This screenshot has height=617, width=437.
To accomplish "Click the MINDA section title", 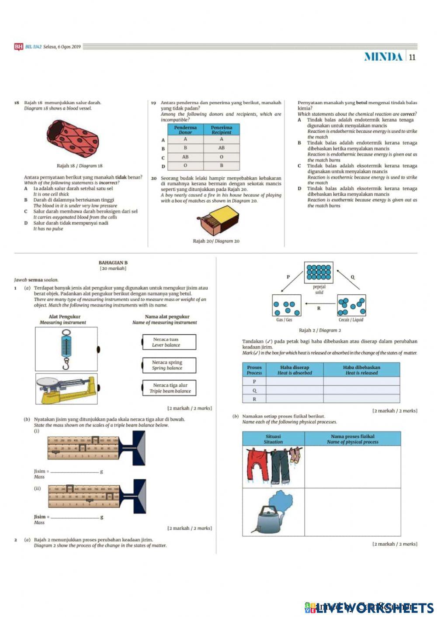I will pos(383,57).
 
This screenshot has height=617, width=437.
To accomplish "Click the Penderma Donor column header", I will pos(185,129).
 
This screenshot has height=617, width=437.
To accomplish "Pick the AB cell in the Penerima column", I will pos(222,148).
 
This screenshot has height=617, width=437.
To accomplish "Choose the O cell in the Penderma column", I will pos(185,166).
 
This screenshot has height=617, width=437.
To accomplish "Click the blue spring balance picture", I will pos(66,349).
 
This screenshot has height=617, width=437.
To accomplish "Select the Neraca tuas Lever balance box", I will pos(169,342).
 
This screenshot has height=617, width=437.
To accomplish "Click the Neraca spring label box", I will pos(169,365).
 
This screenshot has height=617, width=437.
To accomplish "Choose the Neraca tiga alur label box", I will pos(169,388).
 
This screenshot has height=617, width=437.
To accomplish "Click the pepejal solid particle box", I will pos(319,273).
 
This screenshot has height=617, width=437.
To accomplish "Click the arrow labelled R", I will pos(319,301).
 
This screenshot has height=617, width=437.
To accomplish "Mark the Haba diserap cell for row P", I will pos(295,381).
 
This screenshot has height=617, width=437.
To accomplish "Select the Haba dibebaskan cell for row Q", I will pos(361,390).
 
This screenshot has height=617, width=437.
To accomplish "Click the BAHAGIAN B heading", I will pos(113,263).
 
